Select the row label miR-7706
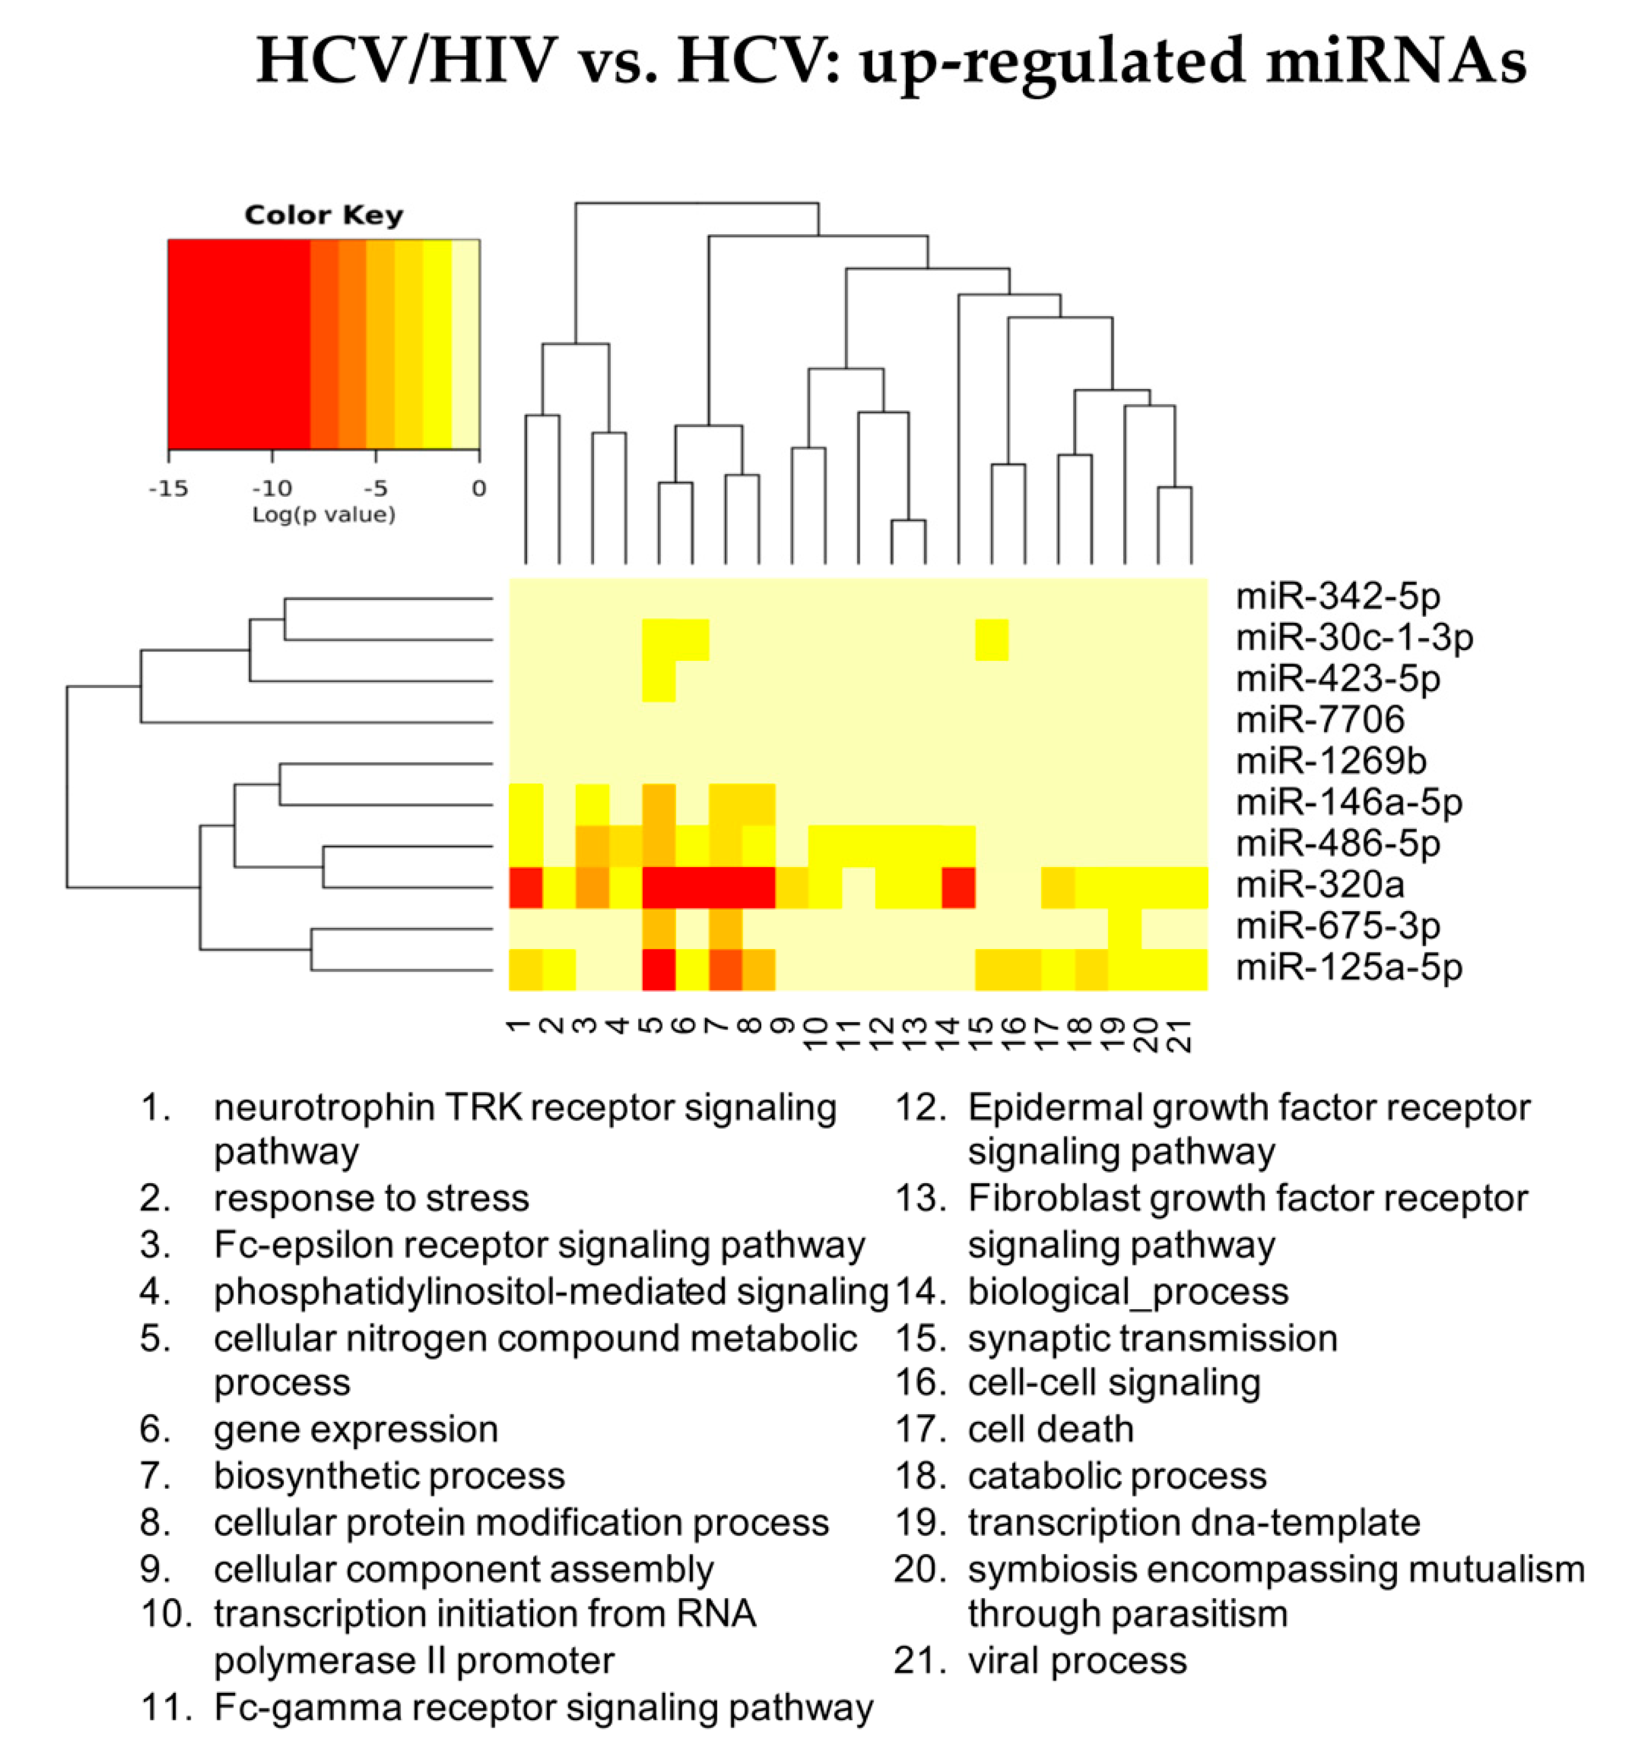1320,720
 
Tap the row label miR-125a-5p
1349,967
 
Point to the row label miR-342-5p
1337,596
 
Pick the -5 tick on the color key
375,488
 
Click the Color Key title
323,215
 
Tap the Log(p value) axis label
323,515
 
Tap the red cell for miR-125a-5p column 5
659,969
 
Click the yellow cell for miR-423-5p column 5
659,681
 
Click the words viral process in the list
1076,1661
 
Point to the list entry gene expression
356,1429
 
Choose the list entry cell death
1050,1429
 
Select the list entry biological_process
1128,1292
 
